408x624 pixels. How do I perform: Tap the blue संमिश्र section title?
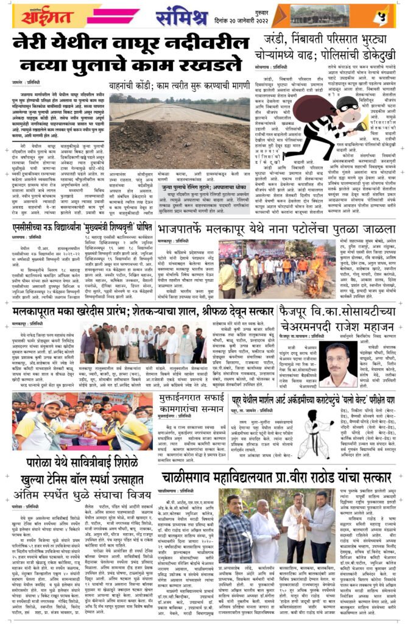click(x=181, y=16)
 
